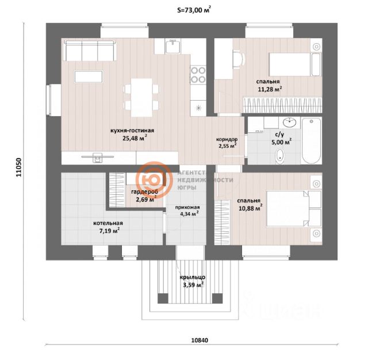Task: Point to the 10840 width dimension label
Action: click(199, 340)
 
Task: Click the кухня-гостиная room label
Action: click(132, 131)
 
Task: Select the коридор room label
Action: click(227, 139)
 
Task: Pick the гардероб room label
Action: click(144, 192)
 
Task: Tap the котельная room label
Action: click(109, 223)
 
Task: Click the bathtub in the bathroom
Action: click(312, 140)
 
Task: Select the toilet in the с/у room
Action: click(281, 155)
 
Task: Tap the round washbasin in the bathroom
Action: click(290, 122)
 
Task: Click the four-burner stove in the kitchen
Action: click(198, 75)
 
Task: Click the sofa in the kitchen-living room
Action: click(89, 50)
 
